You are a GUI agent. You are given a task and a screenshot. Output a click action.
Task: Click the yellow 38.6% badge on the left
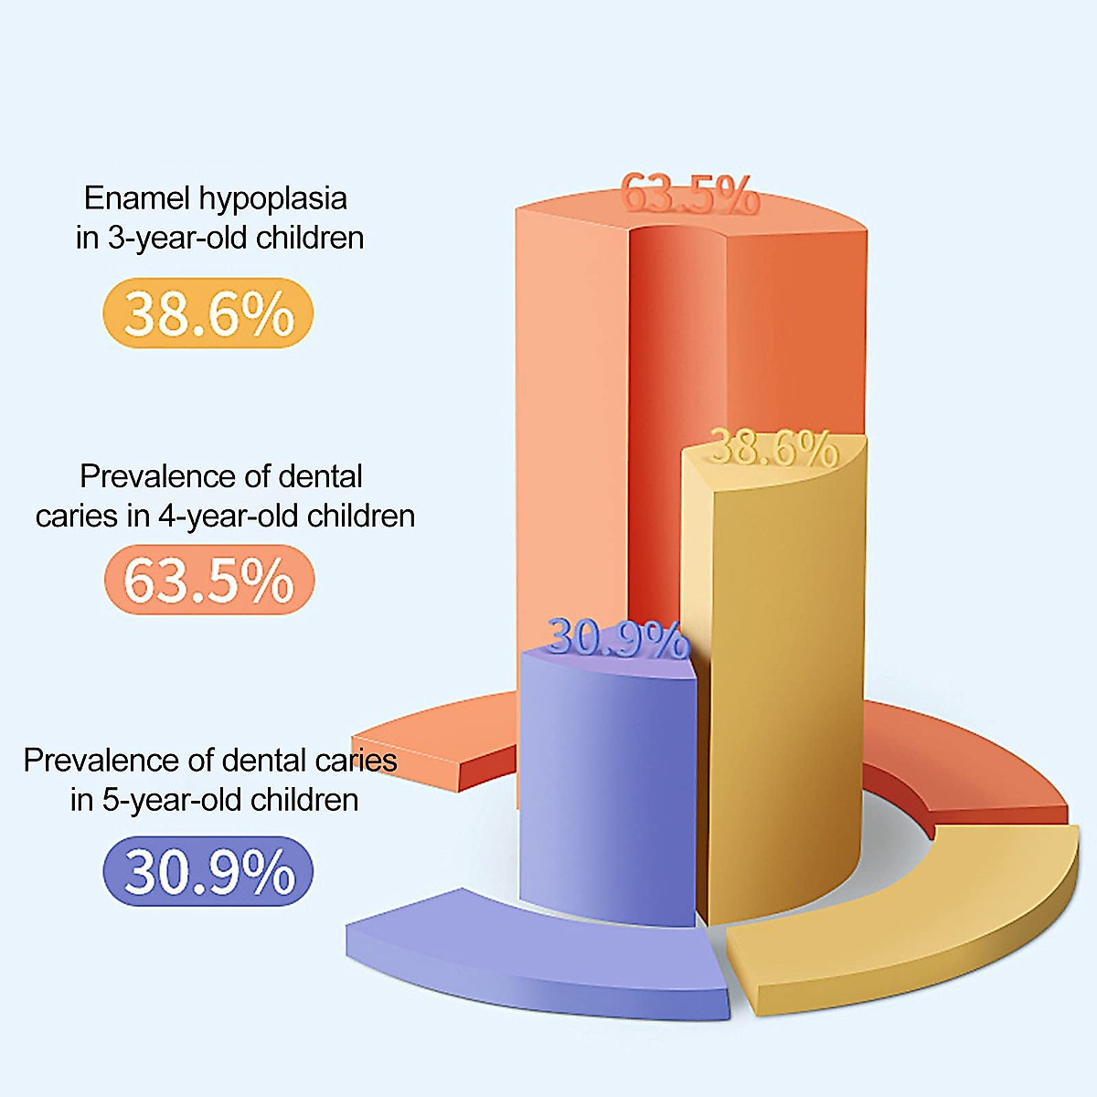208,314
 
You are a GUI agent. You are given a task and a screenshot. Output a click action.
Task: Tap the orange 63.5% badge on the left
208,580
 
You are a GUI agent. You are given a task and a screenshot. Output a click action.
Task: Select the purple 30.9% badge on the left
208,871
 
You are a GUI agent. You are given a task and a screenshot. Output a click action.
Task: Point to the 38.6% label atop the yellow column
773,448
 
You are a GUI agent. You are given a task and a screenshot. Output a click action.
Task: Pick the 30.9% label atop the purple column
617,639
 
